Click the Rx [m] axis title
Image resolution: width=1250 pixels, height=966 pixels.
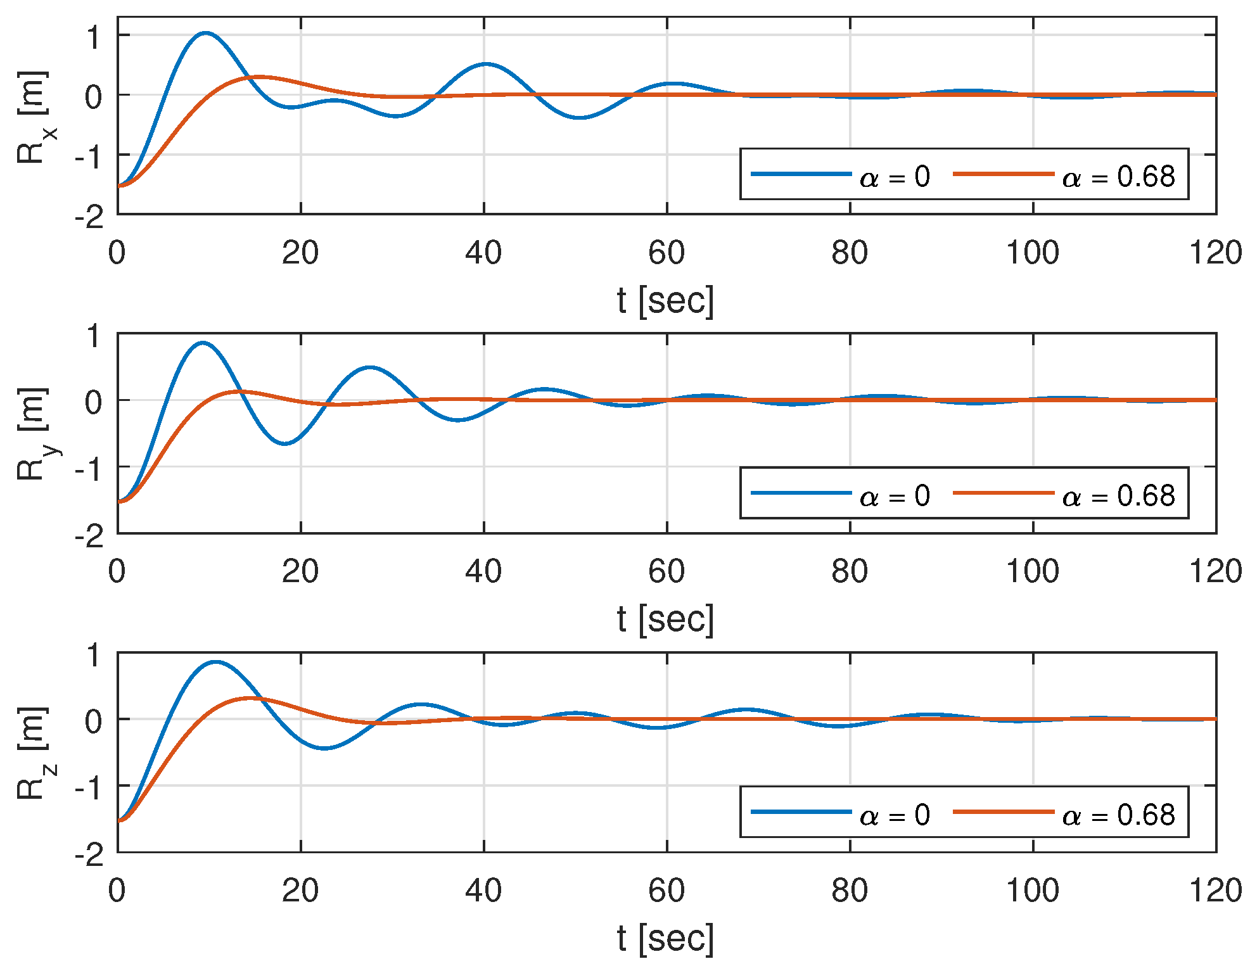point(33,117)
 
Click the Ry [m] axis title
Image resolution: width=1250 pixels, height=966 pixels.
point(33,435)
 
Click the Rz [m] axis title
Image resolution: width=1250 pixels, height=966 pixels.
point(33,754)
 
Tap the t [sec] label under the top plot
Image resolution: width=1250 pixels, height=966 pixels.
point(665,300)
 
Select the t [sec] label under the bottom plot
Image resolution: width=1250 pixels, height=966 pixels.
point(665,938)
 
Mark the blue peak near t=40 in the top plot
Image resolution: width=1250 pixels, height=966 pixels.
point(486,64)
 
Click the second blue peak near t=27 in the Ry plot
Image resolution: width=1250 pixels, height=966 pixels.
point(369,367)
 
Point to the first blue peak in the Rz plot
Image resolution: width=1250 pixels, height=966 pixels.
point(215,663)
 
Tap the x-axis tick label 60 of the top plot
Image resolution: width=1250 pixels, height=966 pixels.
point(666,253)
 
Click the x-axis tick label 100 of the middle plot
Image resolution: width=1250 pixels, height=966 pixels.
point(1033,572)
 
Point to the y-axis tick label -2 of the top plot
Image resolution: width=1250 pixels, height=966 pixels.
point(90,219)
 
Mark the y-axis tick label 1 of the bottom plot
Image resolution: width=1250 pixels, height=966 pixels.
point(94,655)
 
